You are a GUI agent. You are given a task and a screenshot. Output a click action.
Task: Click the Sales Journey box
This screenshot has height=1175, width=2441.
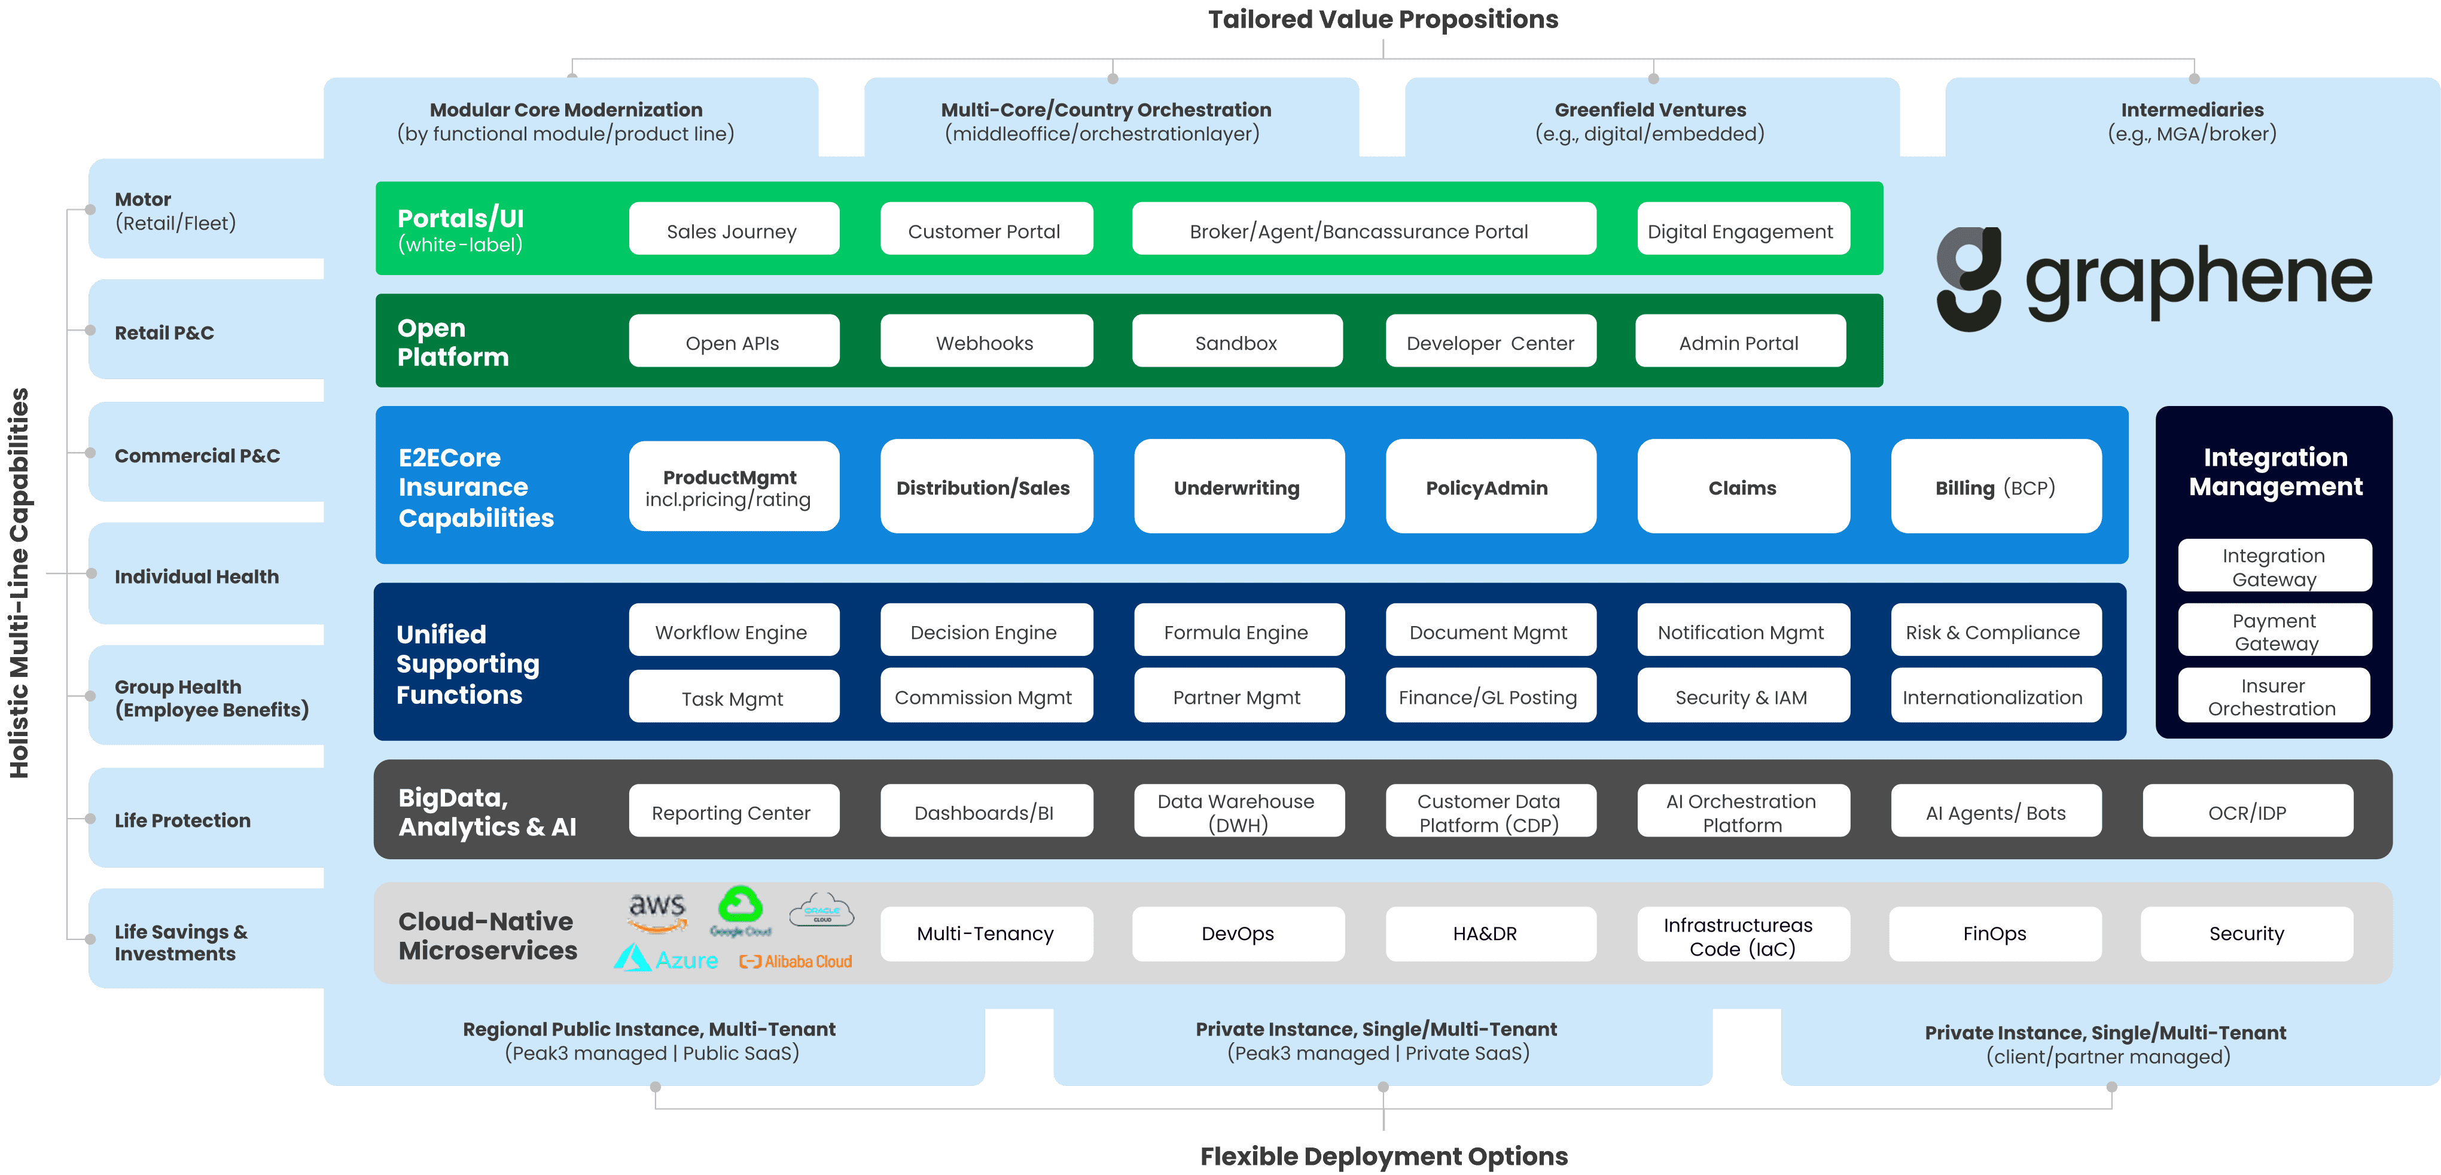pos(733,230)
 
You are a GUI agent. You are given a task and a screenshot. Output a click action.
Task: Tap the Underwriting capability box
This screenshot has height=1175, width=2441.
pos(1238,487)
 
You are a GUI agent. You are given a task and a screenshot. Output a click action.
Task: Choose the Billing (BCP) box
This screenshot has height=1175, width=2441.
pos(1995,487)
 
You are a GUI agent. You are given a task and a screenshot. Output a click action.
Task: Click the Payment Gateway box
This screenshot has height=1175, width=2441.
pos(2274,631)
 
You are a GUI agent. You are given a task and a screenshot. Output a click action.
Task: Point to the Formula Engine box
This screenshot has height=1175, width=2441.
pos(1238,631)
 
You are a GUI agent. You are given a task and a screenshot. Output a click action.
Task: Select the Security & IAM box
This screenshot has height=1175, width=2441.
pos(1742,697)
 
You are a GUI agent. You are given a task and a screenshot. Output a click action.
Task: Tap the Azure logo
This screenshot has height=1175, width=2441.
pos(666,959)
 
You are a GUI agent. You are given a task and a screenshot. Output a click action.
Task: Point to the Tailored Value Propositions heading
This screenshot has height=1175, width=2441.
pos(1382,19)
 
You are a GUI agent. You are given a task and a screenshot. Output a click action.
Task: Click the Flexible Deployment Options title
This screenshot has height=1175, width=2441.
pos(1382,1155)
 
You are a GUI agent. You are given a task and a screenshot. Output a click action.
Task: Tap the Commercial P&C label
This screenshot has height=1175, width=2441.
pos(197,455)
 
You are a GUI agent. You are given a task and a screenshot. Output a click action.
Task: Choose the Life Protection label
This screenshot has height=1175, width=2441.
pos(183,820)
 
